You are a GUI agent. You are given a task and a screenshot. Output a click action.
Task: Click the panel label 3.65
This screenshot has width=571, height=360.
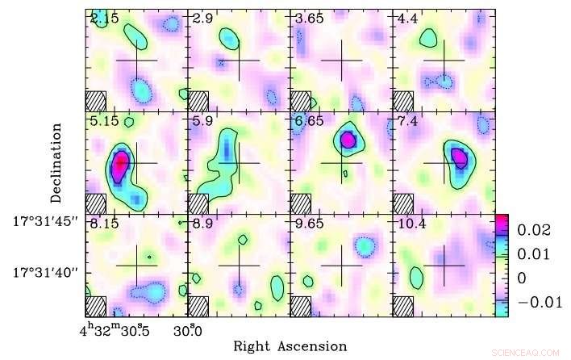(x=308, y=17)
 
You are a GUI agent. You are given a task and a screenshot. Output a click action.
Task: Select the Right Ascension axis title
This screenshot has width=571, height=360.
(x=290, y=346)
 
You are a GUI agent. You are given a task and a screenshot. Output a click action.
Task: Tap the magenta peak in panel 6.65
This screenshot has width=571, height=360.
(x=348, y=139)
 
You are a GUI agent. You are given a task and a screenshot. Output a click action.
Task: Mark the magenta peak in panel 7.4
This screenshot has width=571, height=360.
(x=458, y=155)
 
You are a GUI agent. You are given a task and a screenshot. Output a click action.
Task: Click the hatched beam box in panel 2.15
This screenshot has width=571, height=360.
(x=96, y=100)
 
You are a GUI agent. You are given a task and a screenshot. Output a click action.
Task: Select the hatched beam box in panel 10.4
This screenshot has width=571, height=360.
(x=403, y=307)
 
